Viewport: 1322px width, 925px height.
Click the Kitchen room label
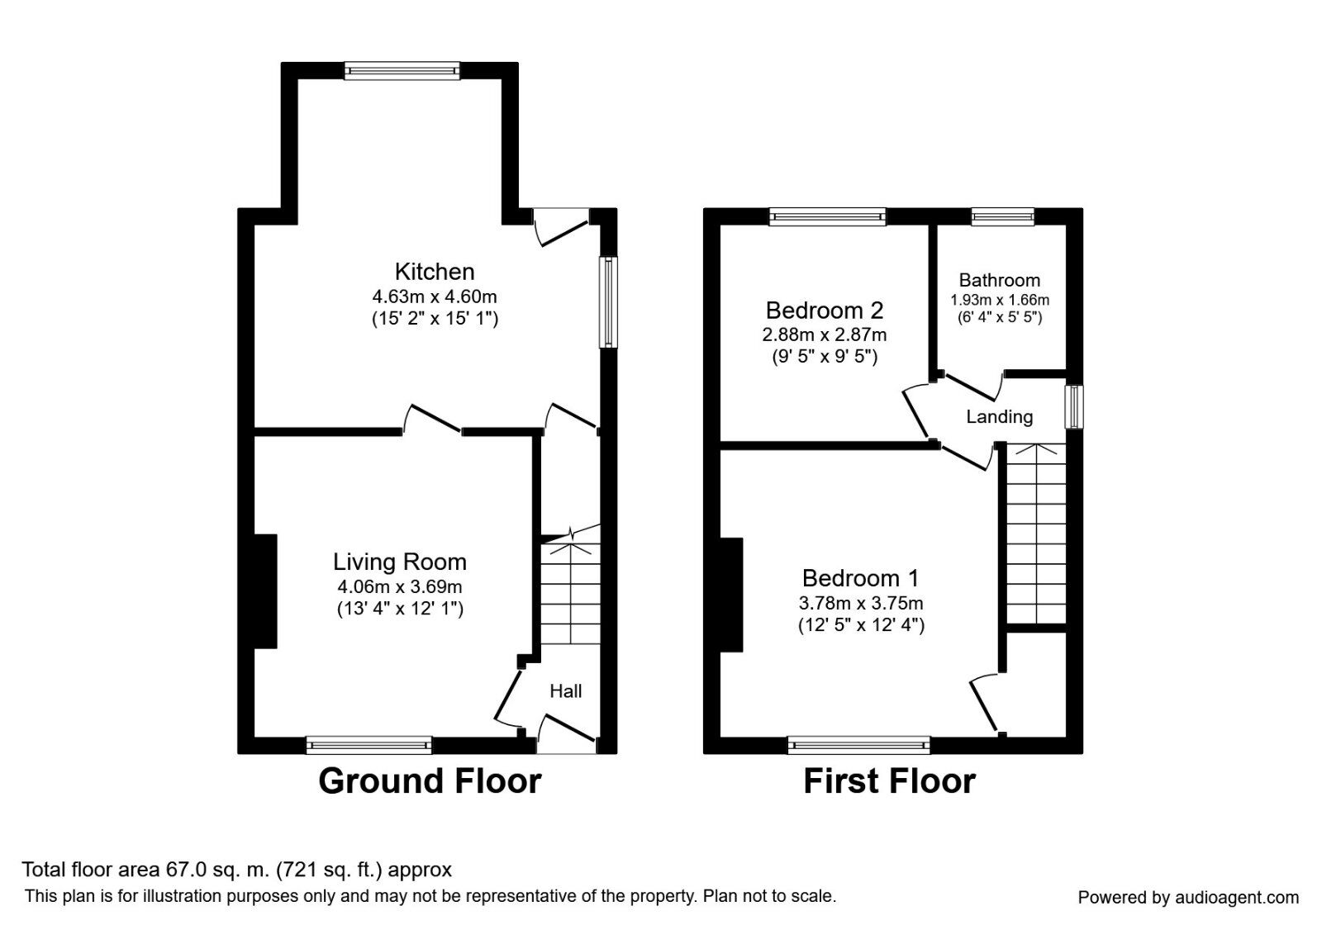coord(434,272)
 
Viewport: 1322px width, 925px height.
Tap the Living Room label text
coord(400,562)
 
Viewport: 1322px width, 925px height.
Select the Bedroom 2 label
coord(824,311)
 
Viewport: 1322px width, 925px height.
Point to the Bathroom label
coord(999,280)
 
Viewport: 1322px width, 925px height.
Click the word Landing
coord(999,417)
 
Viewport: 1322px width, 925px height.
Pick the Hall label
coord(566,691)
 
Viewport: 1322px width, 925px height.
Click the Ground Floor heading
coord(430,781)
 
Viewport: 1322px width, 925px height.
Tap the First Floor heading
coord(889,781)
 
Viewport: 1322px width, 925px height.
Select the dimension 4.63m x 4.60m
coord(435,296)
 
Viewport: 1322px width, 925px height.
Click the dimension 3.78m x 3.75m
coord(861,603)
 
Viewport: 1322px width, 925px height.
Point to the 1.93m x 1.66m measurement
coord(999,300)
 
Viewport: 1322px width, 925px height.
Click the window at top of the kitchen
coord(402,71)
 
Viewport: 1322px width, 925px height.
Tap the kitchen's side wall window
coord(608,301)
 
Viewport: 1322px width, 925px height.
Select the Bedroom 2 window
coord(827,217)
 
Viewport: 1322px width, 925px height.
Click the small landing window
coord(1073,406)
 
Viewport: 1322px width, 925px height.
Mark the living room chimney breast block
coord(265,591)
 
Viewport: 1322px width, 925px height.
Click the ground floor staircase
coord(570,595)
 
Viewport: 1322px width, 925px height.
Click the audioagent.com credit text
coord(1188,897)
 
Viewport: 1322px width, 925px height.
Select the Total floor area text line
coord(236,869)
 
